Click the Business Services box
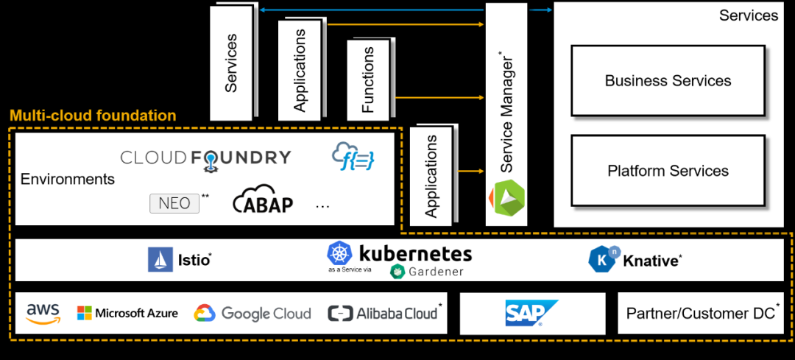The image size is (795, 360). pyautogui.click(x=668, y=80)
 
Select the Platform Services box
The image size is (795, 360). pyautogui.click(x=668, y=171)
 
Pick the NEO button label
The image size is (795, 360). pyautogui.click(x=174, y=203)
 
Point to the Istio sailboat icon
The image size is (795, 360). pyautogui.click(x=160, y=260)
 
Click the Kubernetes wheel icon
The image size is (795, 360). pyautogui.click(x=339, y=254)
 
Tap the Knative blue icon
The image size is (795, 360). pyautogui.click(x=601, y=259)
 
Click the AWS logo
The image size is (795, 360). pyautogui.click(x=43, y=314)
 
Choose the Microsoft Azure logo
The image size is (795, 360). pyautogui.click(x=127, y=314)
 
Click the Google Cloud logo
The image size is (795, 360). pyautogui.click(x=252, y=314)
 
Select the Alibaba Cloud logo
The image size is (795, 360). pyautogui.click(x=383, y=314)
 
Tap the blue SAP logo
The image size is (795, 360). pyautogui.click(x=531, y=313)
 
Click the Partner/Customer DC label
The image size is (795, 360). pyautogui.click(x=700, y=314)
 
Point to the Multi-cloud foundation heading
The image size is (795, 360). pyautogui.click(x=93, y=116)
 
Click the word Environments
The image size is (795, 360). pyautogui.click(x=68, y=179)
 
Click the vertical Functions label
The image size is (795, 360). pyautogui.click(x=368, y=80)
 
